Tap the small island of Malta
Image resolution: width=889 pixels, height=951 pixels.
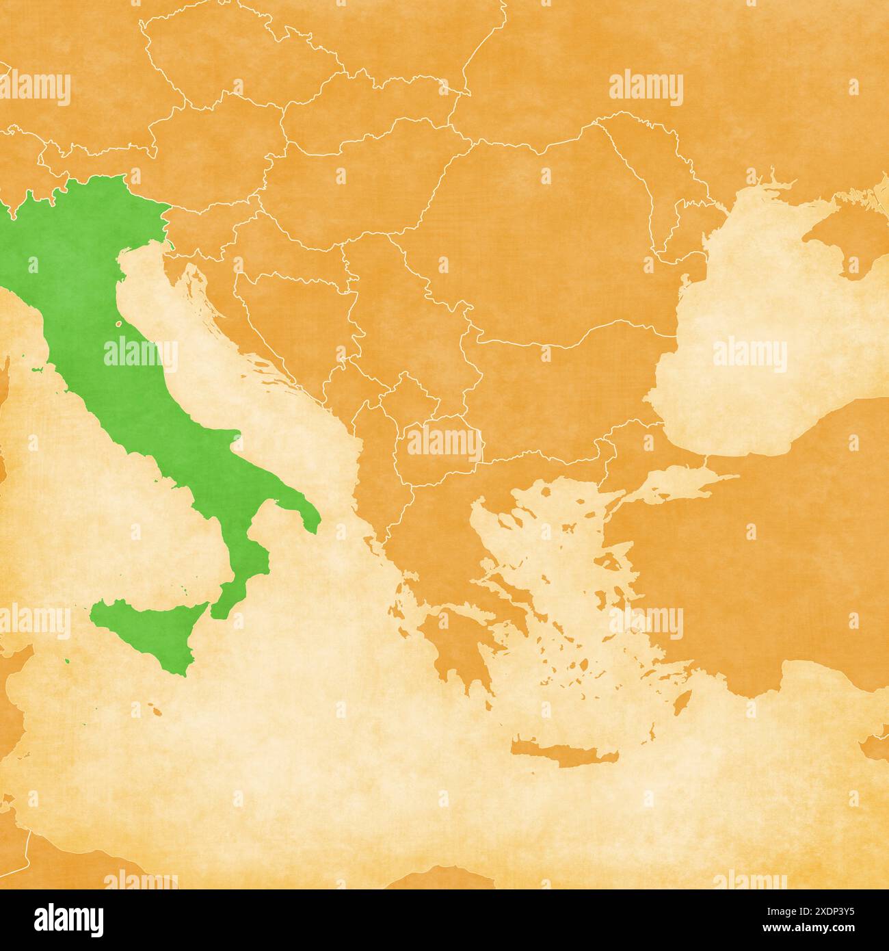[x=157, y=713]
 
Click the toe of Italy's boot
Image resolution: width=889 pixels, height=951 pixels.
[x=226, y=602]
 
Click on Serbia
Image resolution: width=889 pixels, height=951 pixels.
[x=403, y=322]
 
